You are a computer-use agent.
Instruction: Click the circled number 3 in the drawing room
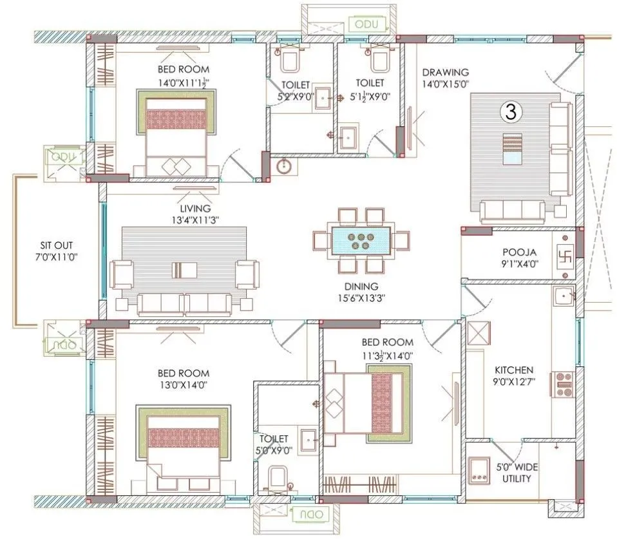click(509, 112)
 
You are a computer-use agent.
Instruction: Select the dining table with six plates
click(360, 240)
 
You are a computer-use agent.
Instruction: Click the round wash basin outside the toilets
click(284, 167)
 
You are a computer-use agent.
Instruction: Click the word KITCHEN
click(513, 370)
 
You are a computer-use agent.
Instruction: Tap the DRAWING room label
click(445, 72)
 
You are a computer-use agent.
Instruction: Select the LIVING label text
click(195, 209)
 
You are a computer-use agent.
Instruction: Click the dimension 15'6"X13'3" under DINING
click(361, 298)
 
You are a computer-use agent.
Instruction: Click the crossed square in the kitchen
click(480, 335)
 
